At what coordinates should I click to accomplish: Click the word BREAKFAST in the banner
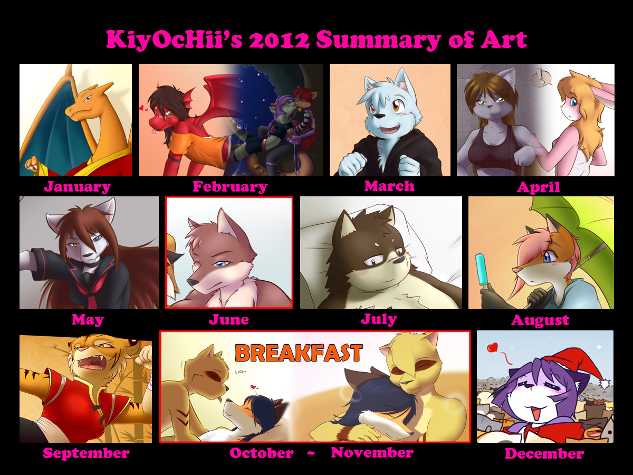(x=299, y=353)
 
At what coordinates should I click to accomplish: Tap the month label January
(x=78, y=187)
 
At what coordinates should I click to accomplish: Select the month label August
(x=540, y=320)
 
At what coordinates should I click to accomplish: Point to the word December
(x=544, y=453)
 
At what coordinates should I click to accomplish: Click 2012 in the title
(x=279, y=40)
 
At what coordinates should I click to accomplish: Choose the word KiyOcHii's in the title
(x=174, y=40)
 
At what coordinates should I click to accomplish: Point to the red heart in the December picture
(x=493, y=347)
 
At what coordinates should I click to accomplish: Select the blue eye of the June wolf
(x=222, y=264)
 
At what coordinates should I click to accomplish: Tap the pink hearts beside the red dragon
(x=143, y=108)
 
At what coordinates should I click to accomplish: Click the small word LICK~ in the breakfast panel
(x=241, y=372)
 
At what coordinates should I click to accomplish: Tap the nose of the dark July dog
(x=399, y=260)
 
